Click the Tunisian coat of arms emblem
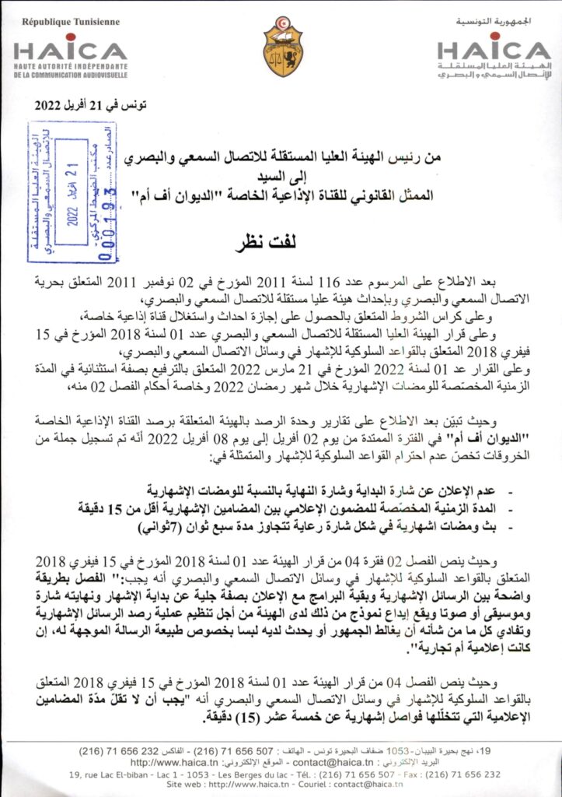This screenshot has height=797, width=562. (282, 47)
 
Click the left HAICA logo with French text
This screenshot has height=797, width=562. (71, 58)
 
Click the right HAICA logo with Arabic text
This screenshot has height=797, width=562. (494, 58)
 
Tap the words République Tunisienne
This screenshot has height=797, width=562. (70, 22)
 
